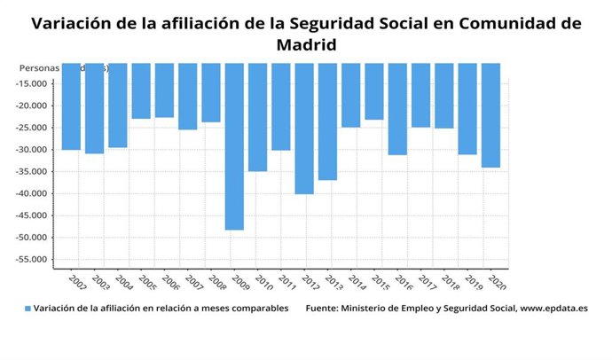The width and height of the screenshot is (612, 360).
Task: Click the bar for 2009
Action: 234,146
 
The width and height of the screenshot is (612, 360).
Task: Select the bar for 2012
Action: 304,129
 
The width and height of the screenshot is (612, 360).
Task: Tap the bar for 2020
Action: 490,115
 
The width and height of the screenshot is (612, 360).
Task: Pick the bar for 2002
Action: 71,106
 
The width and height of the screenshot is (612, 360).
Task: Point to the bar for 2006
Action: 164,90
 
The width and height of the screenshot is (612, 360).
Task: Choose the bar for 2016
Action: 397,109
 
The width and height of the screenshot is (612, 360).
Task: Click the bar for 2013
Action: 327,121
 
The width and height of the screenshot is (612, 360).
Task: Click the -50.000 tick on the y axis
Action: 32,238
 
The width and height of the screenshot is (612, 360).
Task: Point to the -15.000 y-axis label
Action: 32,84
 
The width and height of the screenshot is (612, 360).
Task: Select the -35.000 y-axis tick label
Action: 32,172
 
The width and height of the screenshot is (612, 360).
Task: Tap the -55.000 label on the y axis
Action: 32,260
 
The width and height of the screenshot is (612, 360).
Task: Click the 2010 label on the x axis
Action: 263,283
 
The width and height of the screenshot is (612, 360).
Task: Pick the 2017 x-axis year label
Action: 427,283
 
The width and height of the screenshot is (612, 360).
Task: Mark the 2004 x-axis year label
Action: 124,283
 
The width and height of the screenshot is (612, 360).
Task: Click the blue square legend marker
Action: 27,309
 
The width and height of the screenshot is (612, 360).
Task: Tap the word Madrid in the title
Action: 306,43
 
